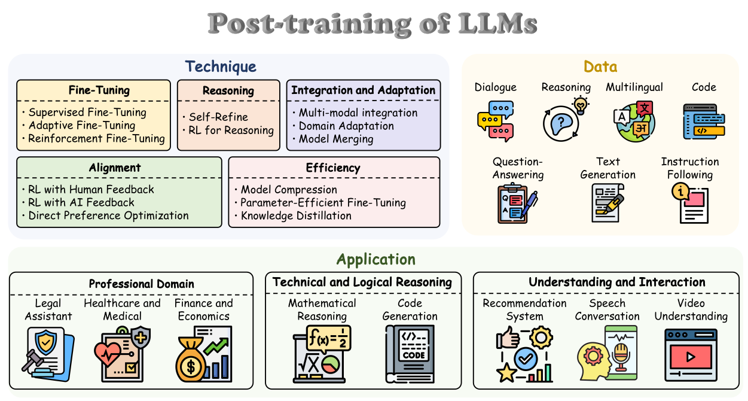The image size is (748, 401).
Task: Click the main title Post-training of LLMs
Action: click(x=373, y=24)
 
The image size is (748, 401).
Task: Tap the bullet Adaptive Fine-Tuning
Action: click(x=82, y=125)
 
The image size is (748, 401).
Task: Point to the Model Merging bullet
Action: click(x=336, y=139)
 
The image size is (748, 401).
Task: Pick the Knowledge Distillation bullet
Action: click(x=296, y=215)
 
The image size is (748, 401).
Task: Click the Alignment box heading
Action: click(x=115, y=168)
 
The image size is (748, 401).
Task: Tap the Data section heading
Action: click(x=600, y=66)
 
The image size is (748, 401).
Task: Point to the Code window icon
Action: click(x=704, y=121)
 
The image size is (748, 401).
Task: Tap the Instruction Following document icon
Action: click(x=690, y=203)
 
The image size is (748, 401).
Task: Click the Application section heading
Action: click(x=375, y=259)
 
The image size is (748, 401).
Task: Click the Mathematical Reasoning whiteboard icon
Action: click(x=322, y=354)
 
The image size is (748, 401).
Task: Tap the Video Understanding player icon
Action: click(x=691, y=355)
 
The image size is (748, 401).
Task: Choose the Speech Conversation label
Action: click(x=607, y=309)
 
